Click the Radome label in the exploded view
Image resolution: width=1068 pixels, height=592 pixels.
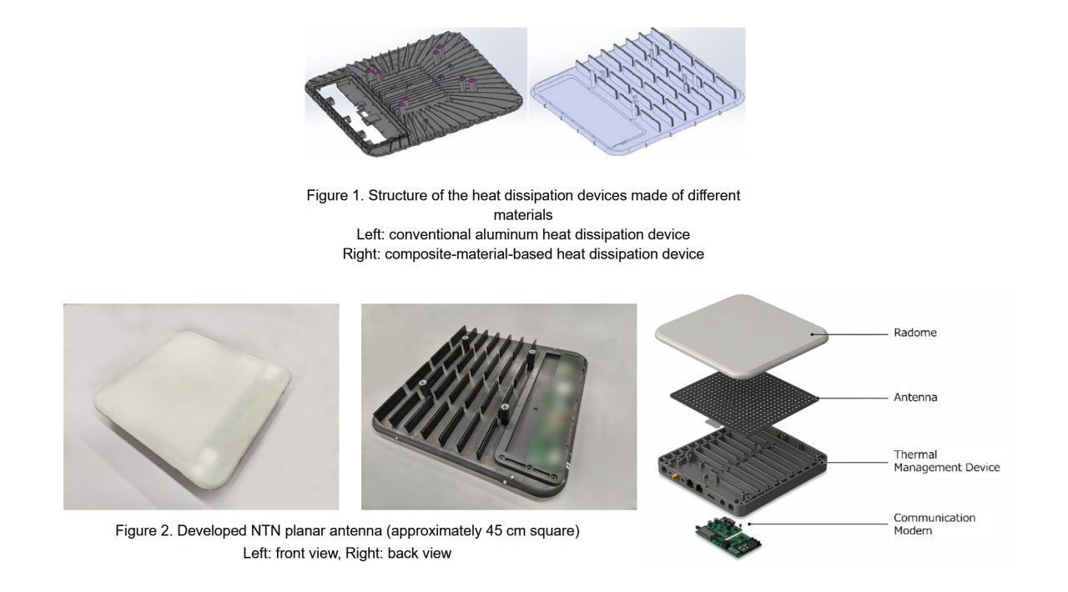[915, 333]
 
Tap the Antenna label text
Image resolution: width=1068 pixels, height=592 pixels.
[915, 397]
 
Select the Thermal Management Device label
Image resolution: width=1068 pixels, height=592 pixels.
[946, 461]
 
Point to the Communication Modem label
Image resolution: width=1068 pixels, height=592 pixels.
[934, 524]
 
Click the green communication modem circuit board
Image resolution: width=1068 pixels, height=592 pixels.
[728, 537]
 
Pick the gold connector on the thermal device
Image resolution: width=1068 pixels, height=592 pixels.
[676, 476]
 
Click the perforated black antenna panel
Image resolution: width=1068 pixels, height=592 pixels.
[744, 402]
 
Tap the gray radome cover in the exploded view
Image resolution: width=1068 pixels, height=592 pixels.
[742, 336]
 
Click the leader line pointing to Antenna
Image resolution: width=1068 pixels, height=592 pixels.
[853, 398]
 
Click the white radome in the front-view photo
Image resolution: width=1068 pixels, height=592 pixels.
[193, 409]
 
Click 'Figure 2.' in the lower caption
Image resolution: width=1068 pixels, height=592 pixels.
[144, 530]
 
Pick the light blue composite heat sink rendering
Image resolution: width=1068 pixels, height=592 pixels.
[637, 92]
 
